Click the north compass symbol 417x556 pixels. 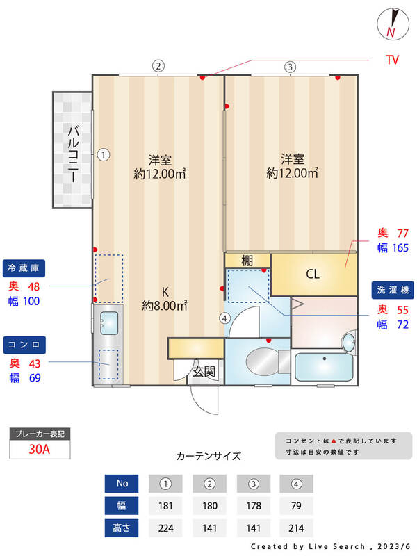coord(391,24)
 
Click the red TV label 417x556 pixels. coord(393,60)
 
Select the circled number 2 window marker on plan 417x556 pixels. coord(158,67)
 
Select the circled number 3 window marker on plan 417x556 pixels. coord(290,67)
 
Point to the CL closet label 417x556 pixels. coord(313,274)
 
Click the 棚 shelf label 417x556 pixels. coord(247,261)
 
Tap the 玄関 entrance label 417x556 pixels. coord(204,372)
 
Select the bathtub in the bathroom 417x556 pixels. coord(324,367)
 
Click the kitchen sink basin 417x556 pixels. coord(110,322)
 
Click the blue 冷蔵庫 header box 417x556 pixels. coord(26,268)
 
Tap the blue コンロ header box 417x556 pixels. coord(26,345)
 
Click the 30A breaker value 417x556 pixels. coord(40,449)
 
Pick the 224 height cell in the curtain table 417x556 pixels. coord(165,528)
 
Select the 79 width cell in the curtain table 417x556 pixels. coord(296,505)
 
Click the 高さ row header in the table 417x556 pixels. coord(122,528)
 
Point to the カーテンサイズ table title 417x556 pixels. coord(208,457)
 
